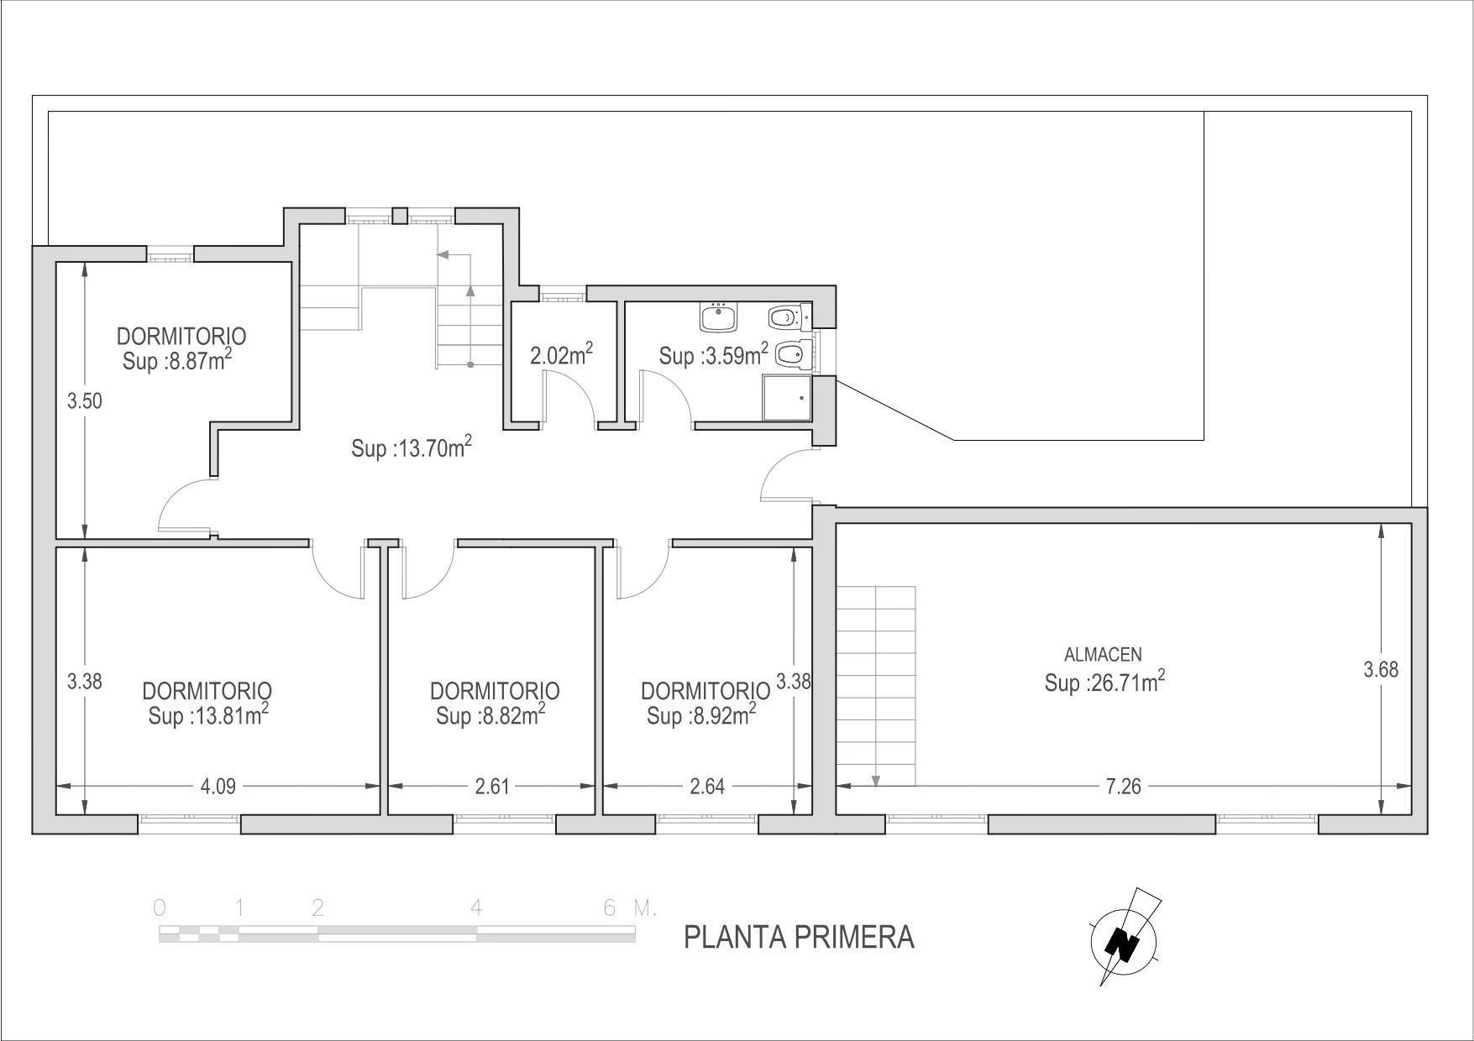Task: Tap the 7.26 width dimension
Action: pos(1124,787)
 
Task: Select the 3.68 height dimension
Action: pos(1381,670)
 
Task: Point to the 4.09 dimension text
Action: pos(218,787)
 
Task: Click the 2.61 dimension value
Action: pos(492,787)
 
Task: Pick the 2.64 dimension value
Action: pos(706,787)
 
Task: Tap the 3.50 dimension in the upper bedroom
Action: pos(85,401)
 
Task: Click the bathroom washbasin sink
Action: pos(718,317)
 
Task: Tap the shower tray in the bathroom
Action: pos(787,397)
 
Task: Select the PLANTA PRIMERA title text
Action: pos(799,937)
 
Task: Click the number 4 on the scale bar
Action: pos(476,908)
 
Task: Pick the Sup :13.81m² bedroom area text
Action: pos(208,715)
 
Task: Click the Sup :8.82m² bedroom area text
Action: pos(490,715)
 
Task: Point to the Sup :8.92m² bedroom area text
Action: pos(701,715)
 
